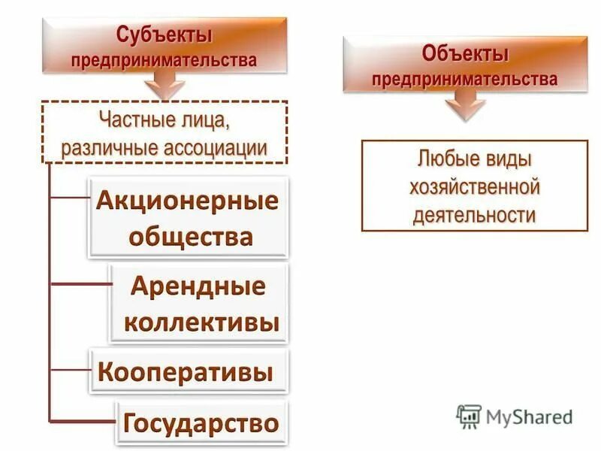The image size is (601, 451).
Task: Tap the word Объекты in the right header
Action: point(465,54)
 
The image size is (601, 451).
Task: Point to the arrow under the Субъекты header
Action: point(165,86)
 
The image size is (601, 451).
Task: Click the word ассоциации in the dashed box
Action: point(217,147)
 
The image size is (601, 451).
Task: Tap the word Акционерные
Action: point(187,201)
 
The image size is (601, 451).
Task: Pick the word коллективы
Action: point(201,323)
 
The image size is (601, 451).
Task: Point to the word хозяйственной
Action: point(475,186)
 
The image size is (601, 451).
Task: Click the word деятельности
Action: point(475,215)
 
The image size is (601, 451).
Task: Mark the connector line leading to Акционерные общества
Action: point(68,199)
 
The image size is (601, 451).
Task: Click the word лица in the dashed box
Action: point(204,120)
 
